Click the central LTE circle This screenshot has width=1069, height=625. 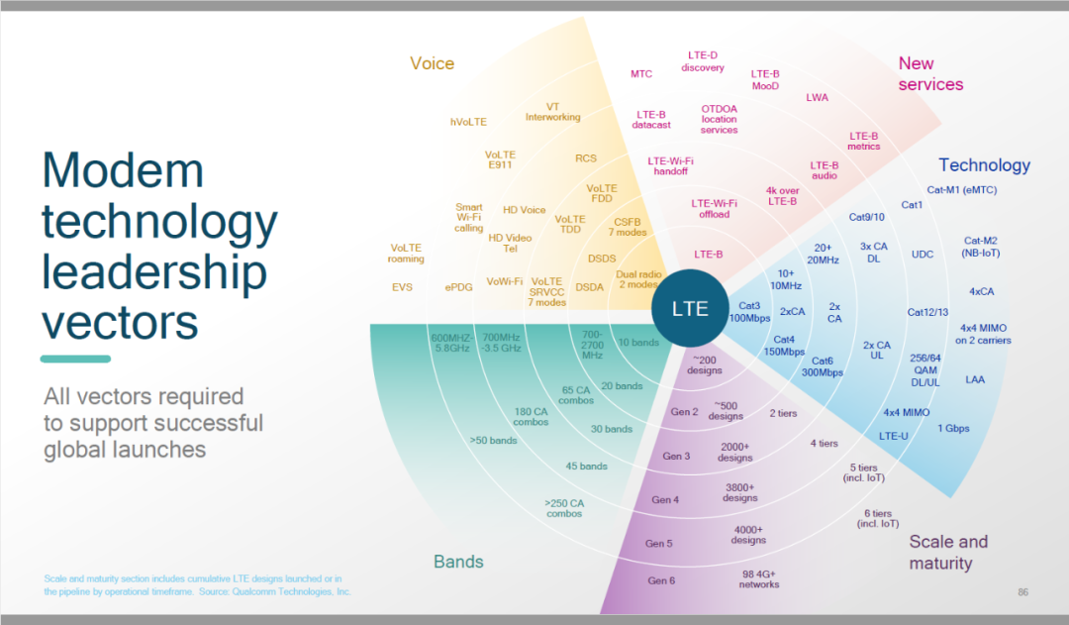[690, 308]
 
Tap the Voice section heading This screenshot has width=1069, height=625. [432, 63]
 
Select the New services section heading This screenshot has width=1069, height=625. [930, 74]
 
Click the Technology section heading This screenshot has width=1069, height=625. [984, 165]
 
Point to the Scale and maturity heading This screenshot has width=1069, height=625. [947, 553]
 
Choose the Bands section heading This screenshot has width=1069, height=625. [458, 562]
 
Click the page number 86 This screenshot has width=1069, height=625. [1022, 592]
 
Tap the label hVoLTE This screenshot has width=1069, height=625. [468, 122]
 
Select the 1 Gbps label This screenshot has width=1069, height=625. [953, 428]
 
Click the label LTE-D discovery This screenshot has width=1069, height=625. [703, 61]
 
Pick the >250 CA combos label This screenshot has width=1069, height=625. [564, 508]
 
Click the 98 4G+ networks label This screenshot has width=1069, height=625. [760, 578]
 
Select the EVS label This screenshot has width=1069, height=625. [402, 287]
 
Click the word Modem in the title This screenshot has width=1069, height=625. [123, 170]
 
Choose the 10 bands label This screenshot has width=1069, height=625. [637, 343]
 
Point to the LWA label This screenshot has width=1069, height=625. [817, 97]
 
